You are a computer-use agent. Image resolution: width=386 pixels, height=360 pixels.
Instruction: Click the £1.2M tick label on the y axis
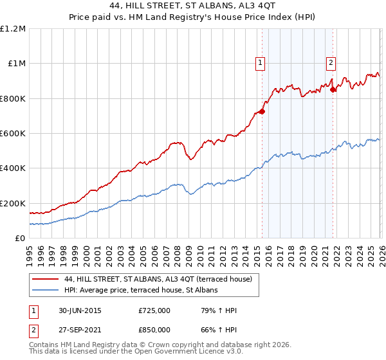point(13,28)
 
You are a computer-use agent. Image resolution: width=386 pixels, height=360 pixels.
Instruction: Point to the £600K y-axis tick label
point(13,133)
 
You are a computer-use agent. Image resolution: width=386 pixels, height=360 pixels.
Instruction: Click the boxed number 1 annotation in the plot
point(260,63)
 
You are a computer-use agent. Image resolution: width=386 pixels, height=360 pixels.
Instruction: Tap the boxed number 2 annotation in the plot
point(331,63)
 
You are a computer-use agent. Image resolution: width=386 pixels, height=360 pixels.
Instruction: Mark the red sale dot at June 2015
point(262,111)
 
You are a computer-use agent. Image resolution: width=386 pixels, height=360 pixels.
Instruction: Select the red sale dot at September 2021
point(333,89)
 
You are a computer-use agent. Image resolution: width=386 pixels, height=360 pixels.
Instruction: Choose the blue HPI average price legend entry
point(141,291)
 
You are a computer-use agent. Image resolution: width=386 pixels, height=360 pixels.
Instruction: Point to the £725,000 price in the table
point(154,311)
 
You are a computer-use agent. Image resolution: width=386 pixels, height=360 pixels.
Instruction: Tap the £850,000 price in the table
point(154,329)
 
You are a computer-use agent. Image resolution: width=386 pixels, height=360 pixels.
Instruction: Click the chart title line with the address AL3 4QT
point(192,6)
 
